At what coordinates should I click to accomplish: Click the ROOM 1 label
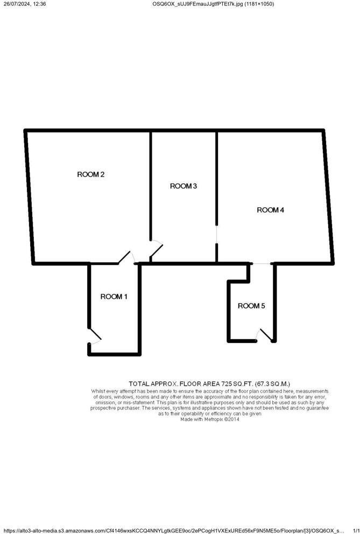click(x=114, y=297)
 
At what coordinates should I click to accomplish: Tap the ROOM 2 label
click(x=91, y=174)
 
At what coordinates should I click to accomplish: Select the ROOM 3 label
click(x=183, y=186)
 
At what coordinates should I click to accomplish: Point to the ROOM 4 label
click(x=270, y=210)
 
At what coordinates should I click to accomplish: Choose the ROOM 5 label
click(x=251, y=306)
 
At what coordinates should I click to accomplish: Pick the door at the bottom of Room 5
click(x=265, y=335)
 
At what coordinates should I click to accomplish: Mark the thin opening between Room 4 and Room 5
click(x=263, y=263)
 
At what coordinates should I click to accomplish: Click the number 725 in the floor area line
click(x=228, y=384)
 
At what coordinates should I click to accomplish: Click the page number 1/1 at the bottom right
click(x=355, y=530)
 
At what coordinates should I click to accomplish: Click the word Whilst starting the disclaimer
click(x=99, y=391)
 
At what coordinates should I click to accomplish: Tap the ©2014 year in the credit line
click(x=232, y=419)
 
